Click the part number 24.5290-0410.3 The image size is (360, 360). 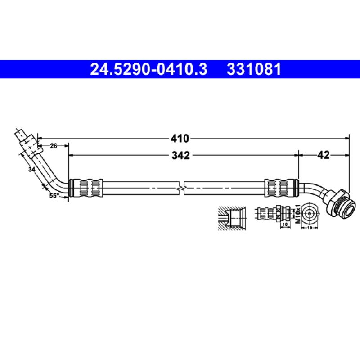[x=149, y=70]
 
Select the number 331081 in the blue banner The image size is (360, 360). [x=254, y=70]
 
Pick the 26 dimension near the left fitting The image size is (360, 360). [x=54, y=145]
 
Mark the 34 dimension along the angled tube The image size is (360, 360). [x=31, y=169]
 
